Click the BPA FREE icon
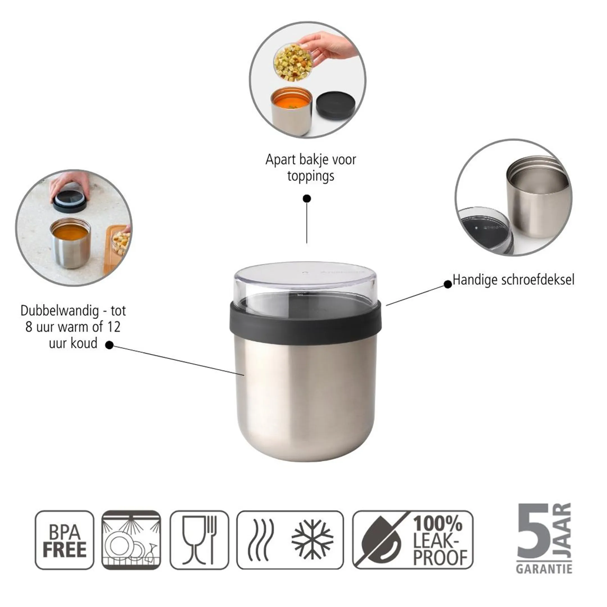click(64, 540)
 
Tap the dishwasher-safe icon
click(131, 540)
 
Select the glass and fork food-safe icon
click(199, 540)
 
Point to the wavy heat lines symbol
click(261, 540)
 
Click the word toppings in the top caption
click(311, 176)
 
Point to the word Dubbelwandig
click(60, 311)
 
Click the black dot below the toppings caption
click(307, 199)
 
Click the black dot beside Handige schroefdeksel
click(448, 284)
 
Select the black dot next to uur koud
click(109, 345)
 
